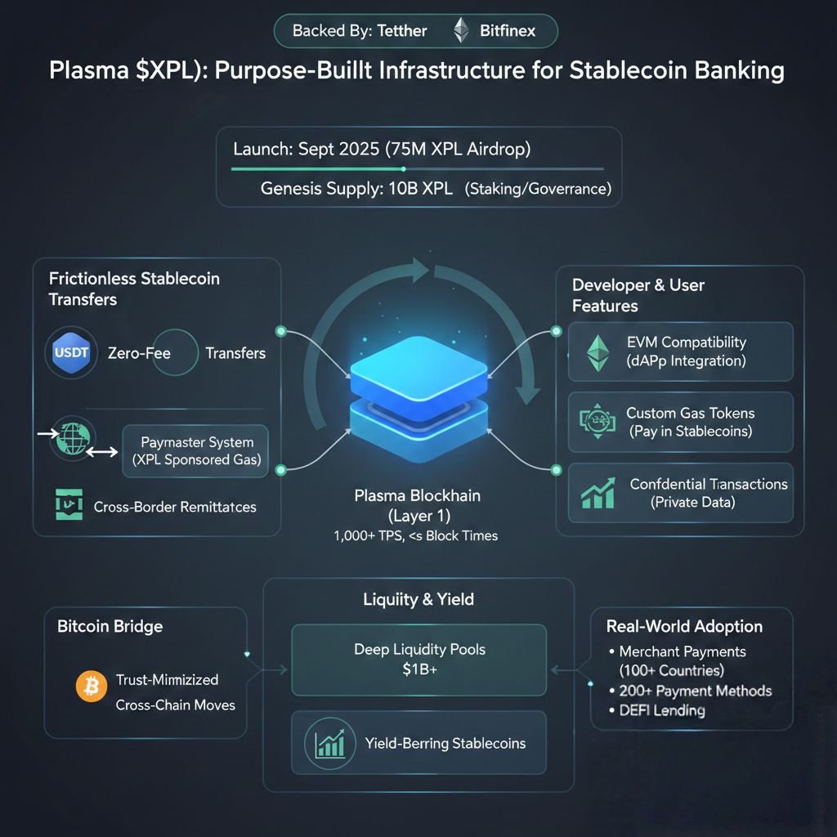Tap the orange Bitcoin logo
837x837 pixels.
[x=92, y=687]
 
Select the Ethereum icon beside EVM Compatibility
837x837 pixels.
[x=599, y=352]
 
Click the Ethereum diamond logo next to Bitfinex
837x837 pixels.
[x=462, y=31]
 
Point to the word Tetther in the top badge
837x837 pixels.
[x=402, y=31]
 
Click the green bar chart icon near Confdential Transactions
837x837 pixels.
[x=598, y=493]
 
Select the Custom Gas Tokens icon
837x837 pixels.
[x=598, y=421]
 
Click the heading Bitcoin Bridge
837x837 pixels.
[x=110, y=627]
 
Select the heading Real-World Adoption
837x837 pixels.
[x=684, y=627]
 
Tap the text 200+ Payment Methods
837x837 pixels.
[x=695, y=691]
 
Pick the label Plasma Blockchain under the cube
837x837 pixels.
[x=417, y=495]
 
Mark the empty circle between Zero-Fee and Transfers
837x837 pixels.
[x=174, y=353]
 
